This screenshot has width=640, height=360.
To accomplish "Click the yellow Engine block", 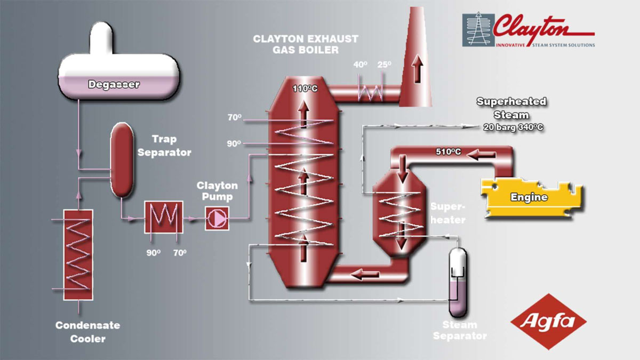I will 529,197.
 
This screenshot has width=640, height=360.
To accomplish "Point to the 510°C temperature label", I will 448,153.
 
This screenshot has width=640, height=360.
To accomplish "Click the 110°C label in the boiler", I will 305,89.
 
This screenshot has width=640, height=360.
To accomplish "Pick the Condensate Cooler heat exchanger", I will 78,254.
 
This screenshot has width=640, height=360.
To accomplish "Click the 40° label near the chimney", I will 361,65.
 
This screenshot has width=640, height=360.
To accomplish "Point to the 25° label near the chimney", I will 384,65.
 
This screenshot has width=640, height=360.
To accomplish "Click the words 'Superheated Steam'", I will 511,108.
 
